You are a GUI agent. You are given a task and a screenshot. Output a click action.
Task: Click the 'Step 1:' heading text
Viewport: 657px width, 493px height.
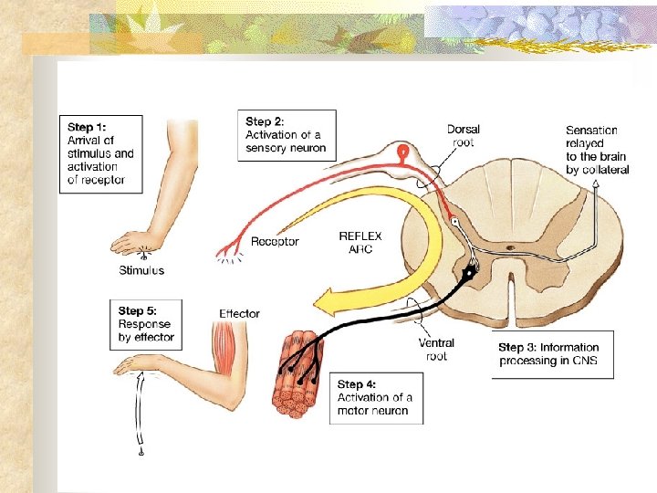[x=87, y=127]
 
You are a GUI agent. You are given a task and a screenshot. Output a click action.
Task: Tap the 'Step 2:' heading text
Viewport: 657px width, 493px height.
[x=265, y=121]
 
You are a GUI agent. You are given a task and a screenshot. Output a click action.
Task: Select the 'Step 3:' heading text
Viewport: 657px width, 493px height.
[x=519, y=347]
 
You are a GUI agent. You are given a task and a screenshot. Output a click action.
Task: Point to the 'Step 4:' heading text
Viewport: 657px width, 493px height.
[x=357, y=384]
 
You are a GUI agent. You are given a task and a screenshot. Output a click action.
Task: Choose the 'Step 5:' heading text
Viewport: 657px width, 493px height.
[x=137, y=311]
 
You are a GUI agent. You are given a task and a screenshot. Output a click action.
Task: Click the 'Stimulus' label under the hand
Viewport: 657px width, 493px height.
[x=141, y=270]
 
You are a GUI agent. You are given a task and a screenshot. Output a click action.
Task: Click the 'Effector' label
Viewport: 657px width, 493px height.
[x=239, y=314]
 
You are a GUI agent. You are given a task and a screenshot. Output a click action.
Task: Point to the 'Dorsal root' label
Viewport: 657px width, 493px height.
[x=464, y=135]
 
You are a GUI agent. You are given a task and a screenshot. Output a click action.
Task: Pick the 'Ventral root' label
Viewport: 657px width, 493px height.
[x=436, y=350]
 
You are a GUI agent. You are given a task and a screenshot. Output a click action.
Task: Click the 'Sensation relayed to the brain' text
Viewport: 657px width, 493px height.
[x=597, y=151]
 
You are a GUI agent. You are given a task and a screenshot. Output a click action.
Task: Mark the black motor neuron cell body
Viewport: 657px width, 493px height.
[x=470, y=270]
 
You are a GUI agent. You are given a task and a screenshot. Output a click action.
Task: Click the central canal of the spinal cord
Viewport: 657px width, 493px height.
[x=513, y=247]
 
